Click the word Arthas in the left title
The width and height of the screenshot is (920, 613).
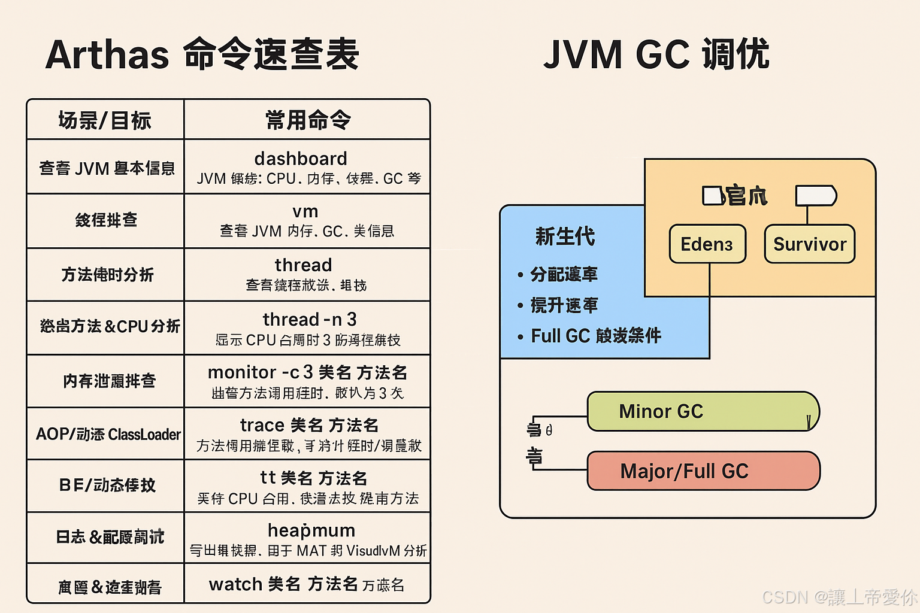tap(108, 55)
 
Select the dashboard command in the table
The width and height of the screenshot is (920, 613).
tap(301, 159)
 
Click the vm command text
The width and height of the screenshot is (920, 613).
tap(305, 211)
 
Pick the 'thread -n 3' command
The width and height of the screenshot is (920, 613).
tap(310, 319)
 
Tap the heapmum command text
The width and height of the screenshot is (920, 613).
tap(311, 530)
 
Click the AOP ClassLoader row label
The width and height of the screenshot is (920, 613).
tap(108, 434)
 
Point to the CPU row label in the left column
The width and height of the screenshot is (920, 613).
tap(110, 326)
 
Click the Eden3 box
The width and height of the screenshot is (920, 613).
tap(707, 244)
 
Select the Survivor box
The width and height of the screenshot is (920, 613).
tap(810, 244)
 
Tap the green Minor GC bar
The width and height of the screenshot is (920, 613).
tap(703, 411)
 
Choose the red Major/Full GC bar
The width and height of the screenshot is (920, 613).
tap(703, 471)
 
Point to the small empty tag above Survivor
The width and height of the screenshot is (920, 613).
tap(815, 196)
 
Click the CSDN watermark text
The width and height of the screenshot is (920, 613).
tap(839, 597)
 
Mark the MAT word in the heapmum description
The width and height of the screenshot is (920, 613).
tap(311, 551)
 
